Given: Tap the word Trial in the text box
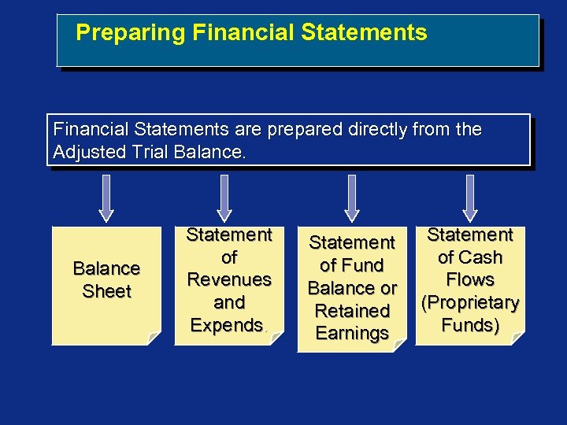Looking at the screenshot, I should click(146, 152).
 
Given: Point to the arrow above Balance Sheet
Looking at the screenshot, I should click(106, 198).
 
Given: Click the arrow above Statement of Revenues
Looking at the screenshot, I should click(224, 198).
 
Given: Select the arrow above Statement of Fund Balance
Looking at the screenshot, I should click(351, 198).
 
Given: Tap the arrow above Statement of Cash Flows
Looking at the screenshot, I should click(470, 198).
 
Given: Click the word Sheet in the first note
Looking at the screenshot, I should click(106, 291).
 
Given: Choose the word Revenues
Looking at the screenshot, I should click(229, 279).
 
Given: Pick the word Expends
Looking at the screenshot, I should click(227, 325).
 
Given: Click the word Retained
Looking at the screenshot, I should click(352, 311).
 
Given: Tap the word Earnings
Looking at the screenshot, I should click(352, 333).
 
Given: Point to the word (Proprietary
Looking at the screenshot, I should click(470, 303).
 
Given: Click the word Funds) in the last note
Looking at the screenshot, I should click(470, 325).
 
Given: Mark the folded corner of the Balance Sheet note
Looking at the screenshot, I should click(154, 338).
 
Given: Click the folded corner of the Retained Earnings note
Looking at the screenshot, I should click(399, 345).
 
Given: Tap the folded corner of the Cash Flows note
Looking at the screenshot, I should click(517, 338).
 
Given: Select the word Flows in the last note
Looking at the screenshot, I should click(470, 280).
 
